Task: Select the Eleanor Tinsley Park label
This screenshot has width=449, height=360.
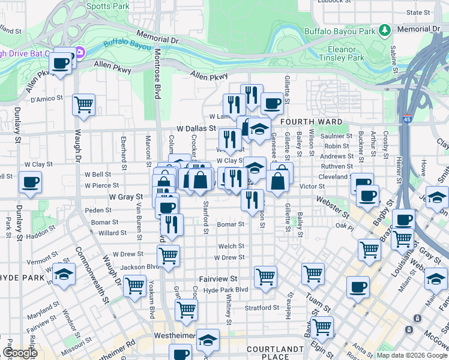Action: click(346, 53)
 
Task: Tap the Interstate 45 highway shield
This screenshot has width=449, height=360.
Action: click(407, 119)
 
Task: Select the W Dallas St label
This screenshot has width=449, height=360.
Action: click(196, 128)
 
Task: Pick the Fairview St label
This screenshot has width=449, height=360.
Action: click(218, 279)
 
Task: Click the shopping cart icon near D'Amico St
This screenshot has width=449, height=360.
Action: click(83, 104)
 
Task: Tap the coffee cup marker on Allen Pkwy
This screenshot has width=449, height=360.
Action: click(61, 62)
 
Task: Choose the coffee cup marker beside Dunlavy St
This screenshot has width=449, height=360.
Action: click(30, 181)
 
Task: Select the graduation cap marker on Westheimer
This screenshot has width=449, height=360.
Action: click(208, 340)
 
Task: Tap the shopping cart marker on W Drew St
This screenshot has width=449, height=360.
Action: click(169, 254)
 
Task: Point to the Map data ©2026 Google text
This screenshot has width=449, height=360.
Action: click(411, 355)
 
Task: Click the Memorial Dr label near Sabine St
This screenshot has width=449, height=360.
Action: click(418, 29)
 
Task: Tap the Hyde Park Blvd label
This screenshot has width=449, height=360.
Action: click(226, 290)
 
